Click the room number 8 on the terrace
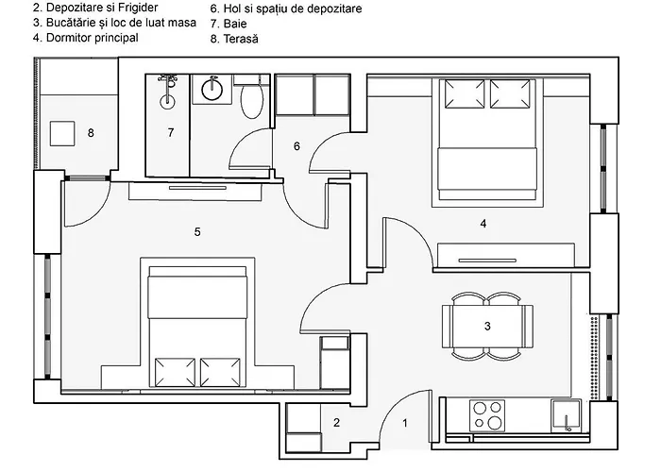(x=91, y=133)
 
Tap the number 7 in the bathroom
(x=170, y=133)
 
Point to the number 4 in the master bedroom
(x=483, y=224)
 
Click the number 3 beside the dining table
(x=486, y=327)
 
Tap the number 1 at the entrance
(x=405, y=424)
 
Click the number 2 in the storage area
(x=335, y=423)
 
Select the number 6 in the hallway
(x=297, y=146)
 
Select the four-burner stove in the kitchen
(x=487, y=416)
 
